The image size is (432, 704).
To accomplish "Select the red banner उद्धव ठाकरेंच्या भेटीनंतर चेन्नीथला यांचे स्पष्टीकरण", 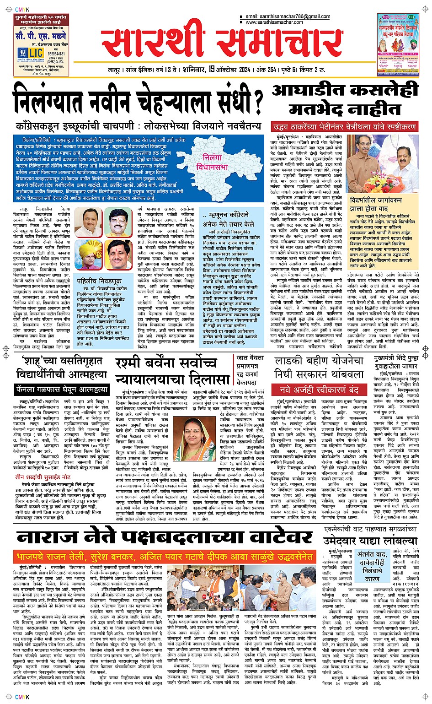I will (x=344, y=127).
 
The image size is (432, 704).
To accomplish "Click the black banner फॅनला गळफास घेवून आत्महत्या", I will (x=62, y=390).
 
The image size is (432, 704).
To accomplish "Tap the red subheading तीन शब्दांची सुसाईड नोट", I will (x=43, y=477).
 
